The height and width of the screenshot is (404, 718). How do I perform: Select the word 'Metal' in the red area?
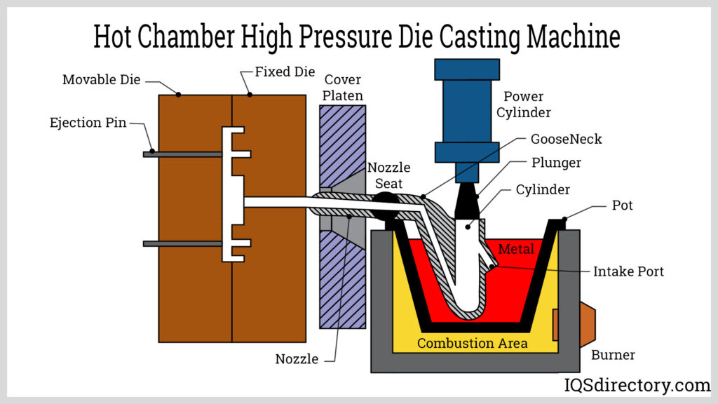pyautogui.click(x=515, y=249)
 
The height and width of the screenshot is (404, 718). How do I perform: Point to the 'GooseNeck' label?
pyautogui.click(x=566, y=139)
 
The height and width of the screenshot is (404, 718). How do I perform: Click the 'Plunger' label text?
pyautogui.click(x=556, y=163)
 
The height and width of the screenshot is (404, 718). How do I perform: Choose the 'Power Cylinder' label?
pyautogui.click(x=524, y=104)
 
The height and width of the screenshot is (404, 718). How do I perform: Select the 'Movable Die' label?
pyautogui.click(x=100, y=79)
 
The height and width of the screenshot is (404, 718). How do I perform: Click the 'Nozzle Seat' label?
pyautogui.click(x=389, y=175)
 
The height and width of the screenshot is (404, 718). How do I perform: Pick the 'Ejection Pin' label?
pyautogui.click(x=88, y=123)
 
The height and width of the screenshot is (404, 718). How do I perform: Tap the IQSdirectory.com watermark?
pyautogui.click(x=637, y=384)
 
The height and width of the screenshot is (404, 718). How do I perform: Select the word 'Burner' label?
pyautogui.click(x=613, y=355)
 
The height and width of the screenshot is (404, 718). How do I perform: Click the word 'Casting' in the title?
pyautogui.click(x=435, y=37)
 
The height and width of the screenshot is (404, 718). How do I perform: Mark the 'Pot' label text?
pyautogui.click(x=622, y=205)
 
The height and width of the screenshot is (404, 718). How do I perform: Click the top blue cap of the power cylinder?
pyautogui.click(x=467, y=69)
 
